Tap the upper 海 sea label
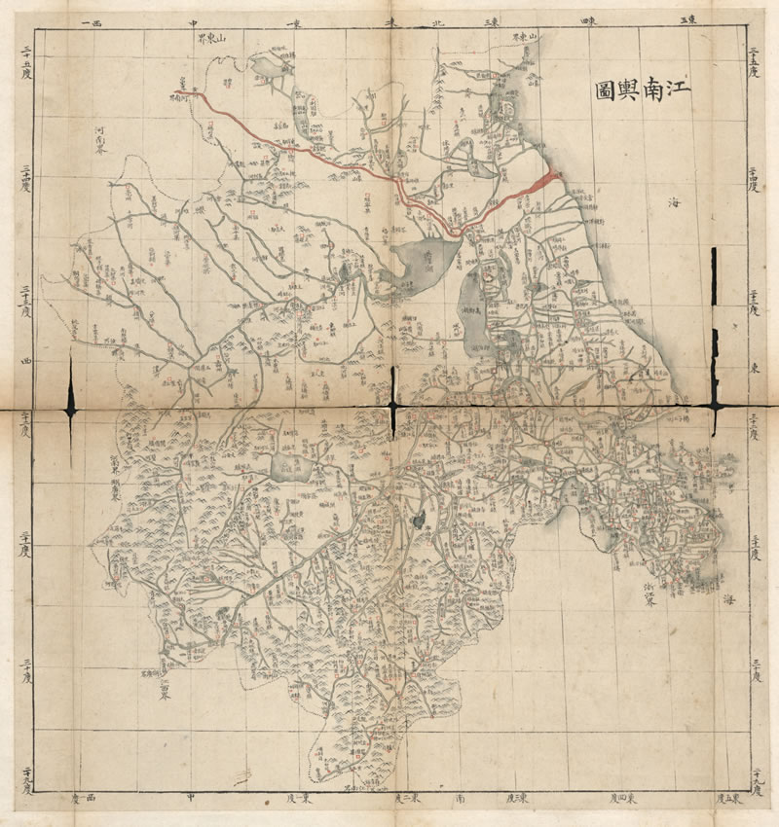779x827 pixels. point(676,201)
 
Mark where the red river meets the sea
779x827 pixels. point(553,176)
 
